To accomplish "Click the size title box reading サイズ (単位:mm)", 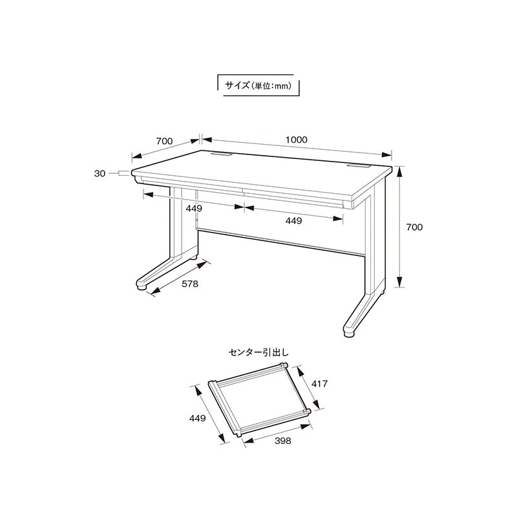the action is (258, 86).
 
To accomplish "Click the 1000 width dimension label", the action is (297, 140).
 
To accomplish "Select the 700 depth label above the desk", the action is (164, 141).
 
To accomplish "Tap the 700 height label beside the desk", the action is (414, 227).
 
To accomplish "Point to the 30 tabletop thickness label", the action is (100, 173).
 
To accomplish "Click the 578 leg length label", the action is (190, 284).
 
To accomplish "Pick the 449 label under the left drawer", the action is (194, 208).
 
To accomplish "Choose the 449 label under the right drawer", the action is (293, 220).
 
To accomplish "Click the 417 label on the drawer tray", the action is (319, 384).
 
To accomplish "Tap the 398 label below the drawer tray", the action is (283, 441).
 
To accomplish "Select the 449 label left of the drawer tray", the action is (197, 418).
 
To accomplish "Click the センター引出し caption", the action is (258, 353).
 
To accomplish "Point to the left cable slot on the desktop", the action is (222, 154).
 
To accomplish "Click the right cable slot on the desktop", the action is (358, 167).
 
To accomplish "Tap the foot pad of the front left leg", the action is (142, 288).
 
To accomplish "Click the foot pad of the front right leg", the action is (349, 334).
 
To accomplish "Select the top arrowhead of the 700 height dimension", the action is (399, 172).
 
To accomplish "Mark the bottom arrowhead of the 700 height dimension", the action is (399, 282).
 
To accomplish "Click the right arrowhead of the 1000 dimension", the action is (386, 155).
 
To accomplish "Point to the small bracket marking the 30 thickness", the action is (124, 173).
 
